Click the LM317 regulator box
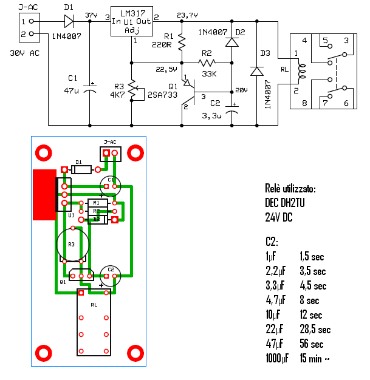coord(131,23)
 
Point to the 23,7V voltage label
coord(187,15)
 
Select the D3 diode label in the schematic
coord(265,53)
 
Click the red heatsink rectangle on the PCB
coord(44,194)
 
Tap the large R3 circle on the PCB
coord(73,244)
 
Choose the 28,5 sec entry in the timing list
coord(315,330)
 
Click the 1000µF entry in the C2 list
coord(277,359)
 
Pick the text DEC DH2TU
coord(285,203)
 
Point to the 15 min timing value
coord(315,359)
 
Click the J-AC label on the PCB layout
coord(111,141)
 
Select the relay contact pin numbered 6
coord(346,104)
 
